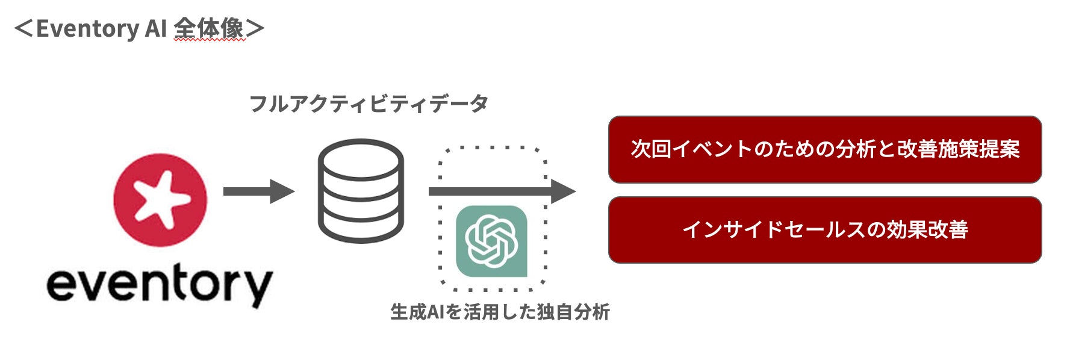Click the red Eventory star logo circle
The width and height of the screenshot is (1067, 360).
point(160,200)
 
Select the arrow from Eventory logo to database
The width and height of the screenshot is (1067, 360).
point(258,191)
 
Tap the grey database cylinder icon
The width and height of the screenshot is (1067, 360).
point(361,191)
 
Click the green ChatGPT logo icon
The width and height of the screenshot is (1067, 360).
point(491,241)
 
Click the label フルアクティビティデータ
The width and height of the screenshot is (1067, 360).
point(369,104)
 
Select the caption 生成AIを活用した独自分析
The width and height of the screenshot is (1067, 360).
point(500,312)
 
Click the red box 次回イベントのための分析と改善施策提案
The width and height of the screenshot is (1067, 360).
point(824,149)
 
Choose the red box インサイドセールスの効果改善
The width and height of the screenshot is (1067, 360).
point(824,229)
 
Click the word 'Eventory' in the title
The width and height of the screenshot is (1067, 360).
point(87,29)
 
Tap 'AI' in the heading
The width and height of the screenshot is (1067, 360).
point(155,29)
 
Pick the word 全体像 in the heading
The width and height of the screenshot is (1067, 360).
point(209,28)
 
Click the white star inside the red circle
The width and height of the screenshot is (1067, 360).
point(157,197)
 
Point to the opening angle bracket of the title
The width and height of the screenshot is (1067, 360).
point(23,29)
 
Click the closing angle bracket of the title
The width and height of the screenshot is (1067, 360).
point(255,29)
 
